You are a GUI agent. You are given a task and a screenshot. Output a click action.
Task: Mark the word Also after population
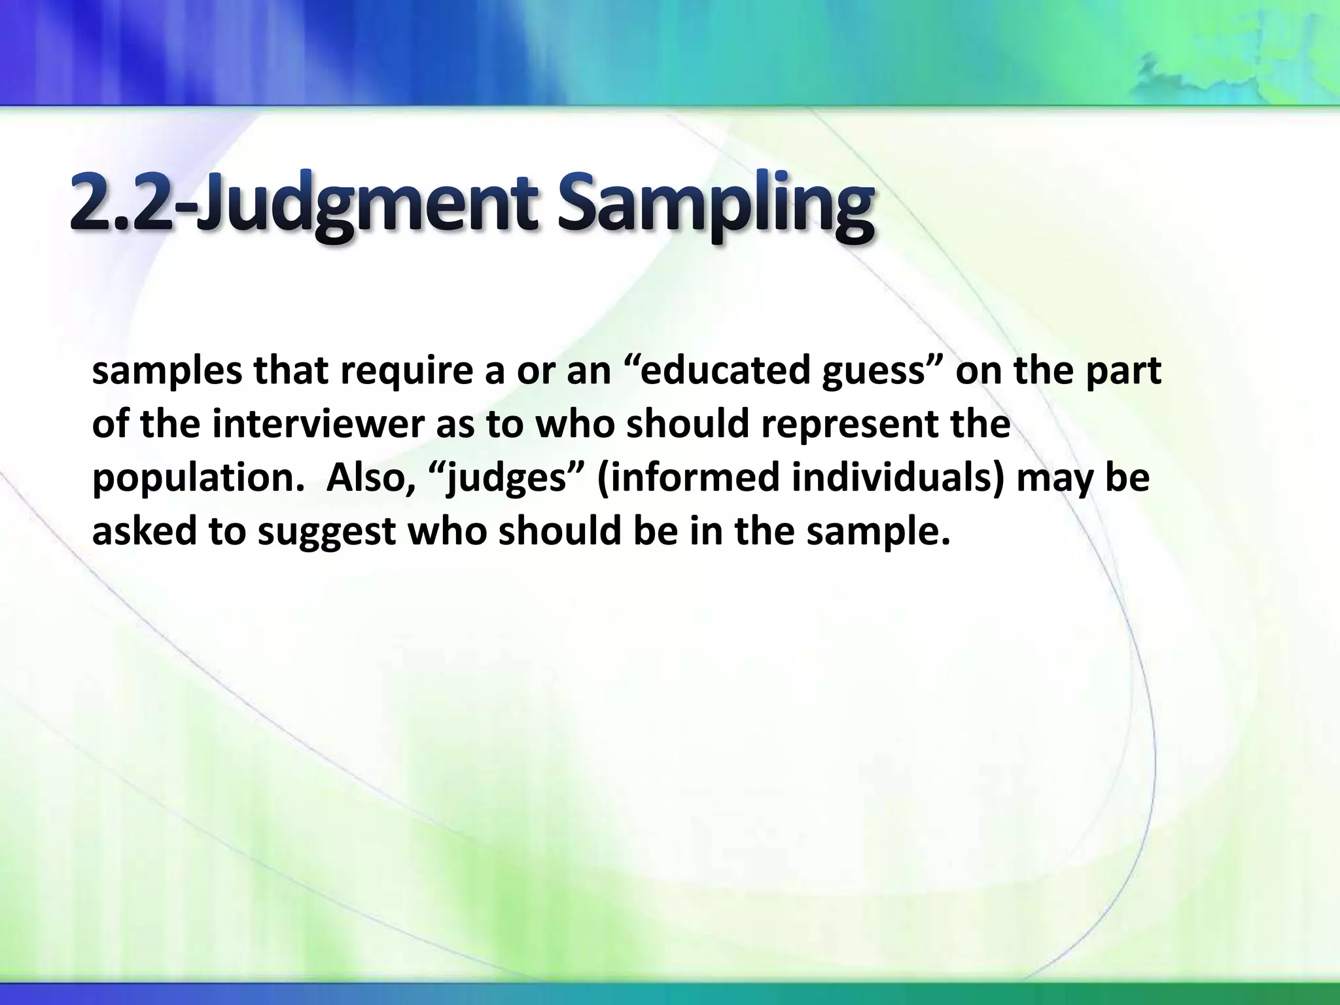point(370,478)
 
